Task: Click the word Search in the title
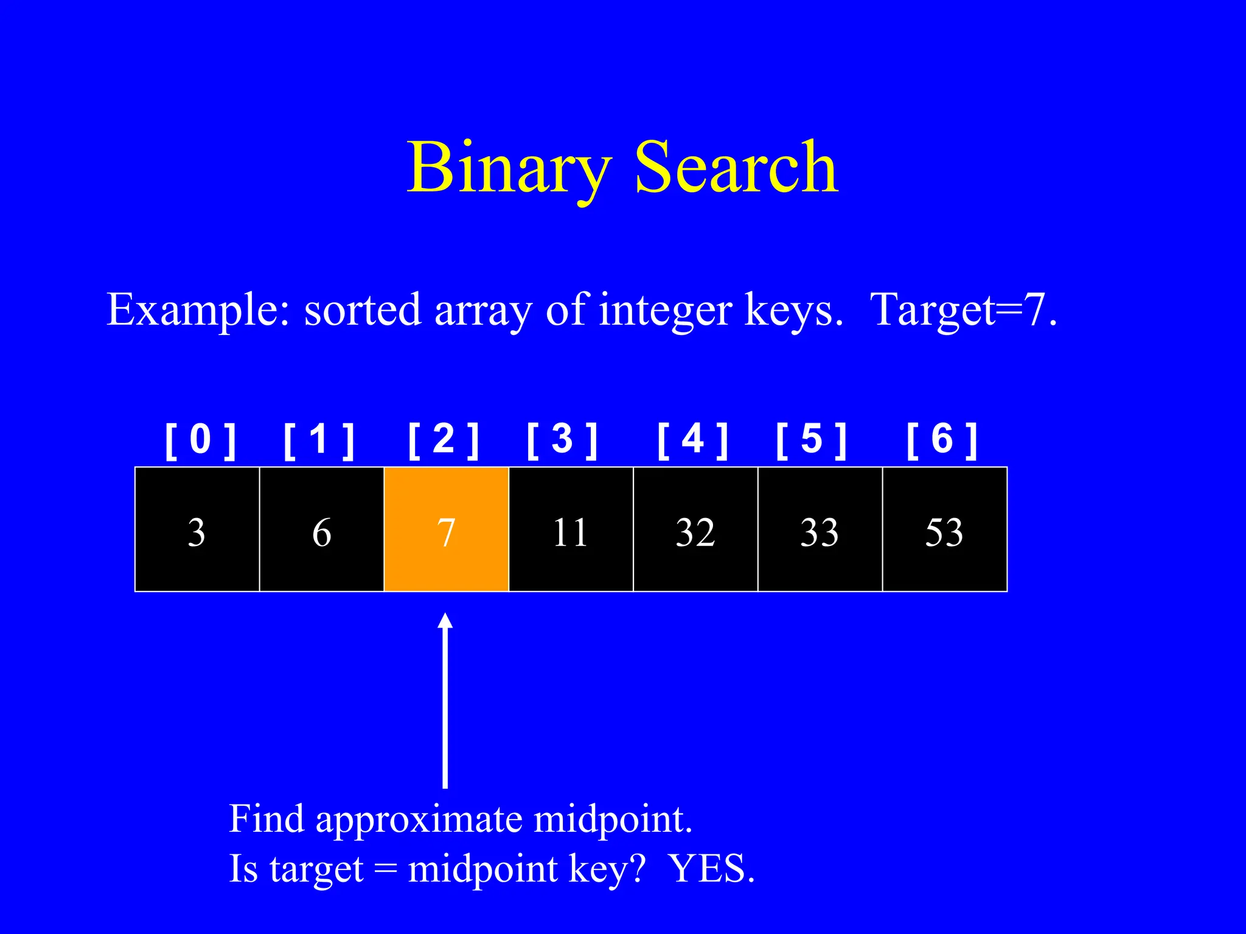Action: point(736,167)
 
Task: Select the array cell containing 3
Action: point(197,530)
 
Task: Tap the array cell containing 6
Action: point(322,530)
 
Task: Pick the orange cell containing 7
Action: point(447,530)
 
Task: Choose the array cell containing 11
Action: point(571,530)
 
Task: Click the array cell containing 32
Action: point(695,530)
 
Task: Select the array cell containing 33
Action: point(820,530)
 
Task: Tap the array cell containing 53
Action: point(945,530)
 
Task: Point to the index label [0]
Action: point(200,440)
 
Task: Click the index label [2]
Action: point(444,440)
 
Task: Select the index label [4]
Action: point(692,440)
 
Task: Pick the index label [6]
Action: point(942,440)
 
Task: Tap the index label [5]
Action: point(812,440)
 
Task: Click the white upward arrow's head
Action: point(445,621)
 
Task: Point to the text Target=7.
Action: point(964,310)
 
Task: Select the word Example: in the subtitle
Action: point(198,310)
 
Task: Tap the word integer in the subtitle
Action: point(666,310)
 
